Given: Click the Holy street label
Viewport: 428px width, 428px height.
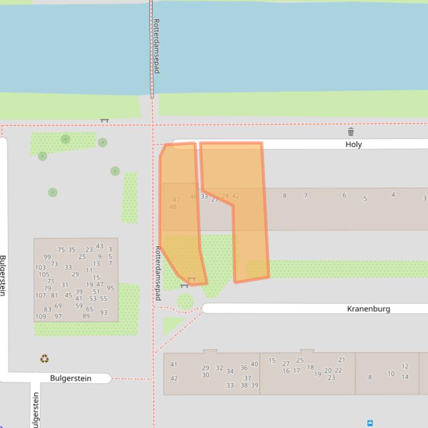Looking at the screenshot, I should point(353,145).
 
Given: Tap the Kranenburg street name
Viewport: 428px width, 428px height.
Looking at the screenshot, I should point(368,308).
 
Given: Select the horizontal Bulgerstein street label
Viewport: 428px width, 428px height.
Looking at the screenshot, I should point(71,379).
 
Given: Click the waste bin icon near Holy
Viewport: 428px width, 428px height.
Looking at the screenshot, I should point(351,132).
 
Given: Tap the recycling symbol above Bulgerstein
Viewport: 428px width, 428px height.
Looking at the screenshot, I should point(45,359).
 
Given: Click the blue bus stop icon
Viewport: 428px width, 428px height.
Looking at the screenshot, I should point(370,424).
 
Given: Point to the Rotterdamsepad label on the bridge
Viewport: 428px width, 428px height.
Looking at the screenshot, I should point(156,46).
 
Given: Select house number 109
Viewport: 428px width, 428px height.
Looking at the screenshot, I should point(41,317).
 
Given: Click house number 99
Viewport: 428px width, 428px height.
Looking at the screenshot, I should point(47,257).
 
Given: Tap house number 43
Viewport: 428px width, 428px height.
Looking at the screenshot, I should point(99,246).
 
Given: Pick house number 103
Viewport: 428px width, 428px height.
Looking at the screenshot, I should point(40,268).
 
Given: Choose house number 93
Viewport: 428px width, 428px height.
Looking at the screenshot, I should point(104,313).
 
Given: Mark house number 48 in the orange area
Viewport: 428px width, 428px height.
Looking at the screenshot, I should point(173,207).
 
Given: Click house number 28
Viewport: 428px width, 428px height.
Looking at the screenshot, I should point(225,196).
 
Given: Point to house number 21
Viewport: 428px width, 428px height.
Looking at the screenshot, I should point(342,360).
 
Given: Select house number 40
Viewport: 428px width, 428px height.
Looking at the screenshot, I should point(254,365).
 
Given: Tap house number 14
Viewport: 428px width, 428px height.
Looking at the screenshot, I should point(405,377).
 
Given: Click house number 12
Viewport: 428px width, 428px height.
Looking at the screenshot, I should point(405,367).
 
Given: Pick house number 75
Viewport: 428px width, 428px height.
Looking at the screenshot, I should point(61,251).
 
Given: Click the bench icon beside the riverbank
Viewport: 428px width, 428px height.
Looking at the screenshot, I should point(104,120).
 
